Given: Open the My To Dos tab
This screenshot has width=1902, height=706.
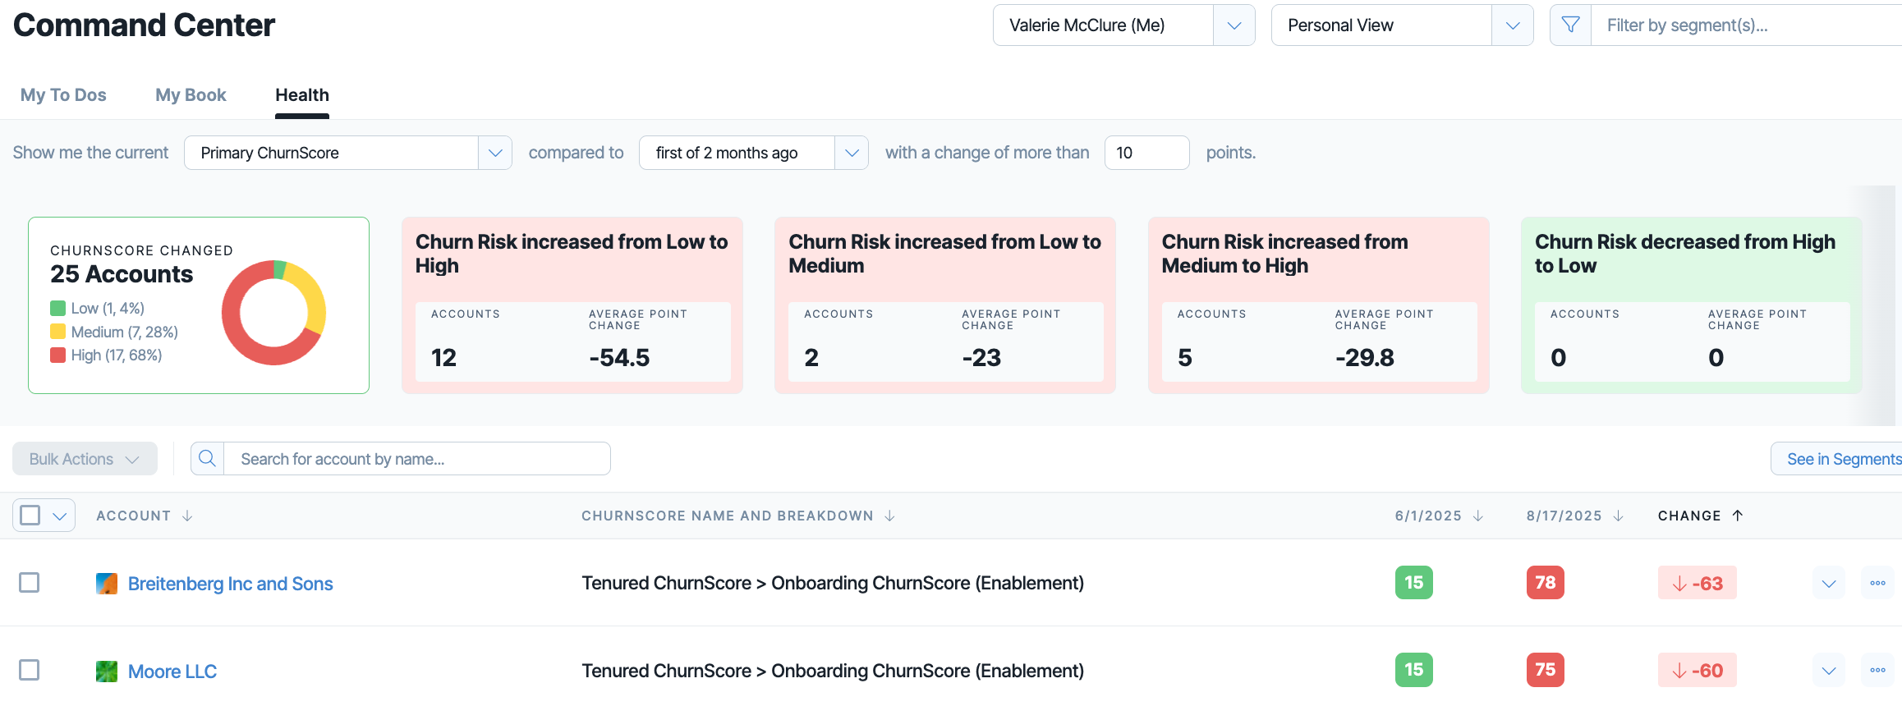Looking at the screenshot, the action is click(63, 95).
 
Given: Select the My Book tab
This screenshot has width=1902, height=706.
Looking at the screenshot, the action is click(191, 95).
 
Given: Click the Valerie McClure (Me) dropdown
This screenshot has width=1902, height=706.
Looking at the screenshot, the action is click(1123, 25).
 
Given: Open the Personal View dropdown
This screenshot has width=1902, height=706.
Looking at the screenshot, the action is click(1402, 25).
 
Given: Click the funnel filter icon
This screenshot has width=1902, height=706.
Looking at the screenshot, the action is click(1570, 25).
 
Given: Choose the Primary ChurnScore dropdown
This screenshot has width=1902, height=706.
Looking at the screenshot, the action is click(347, 153).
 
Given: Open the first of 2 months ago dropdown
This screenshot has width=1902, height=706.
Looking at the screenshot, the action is click(753, 153).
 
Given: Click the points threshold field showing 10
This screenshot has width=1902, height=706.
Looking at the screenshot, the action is click(1146, 153).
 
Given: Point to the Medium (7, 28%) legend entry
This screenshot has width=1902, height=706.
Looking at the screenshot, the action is click(114, 332).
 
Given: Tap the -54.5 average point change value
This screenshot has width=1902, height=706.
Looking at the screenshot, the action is click(619, 357).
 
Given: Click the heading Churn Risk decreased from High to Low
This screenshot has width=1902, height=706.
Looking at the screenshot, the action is click(1684, 254).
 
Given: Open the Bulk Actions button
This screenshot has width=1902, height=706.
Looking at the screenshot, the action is click(85, 459).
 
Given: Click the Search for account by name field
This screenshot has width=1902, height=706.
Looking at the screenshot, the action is click(416, 459).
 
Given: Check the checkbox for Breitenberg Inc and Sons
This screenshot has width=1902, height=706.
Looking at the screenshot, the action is click(30, 583).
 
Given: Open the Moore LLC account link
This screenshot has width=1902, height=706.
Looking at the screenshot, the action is click(172, 672).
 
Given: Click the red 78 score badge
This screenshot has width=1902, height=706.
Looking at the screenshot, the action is click(1545, 583).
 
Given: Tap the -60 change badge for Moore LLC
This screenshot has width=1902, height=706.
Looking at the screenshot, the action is click(1697, 671).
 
